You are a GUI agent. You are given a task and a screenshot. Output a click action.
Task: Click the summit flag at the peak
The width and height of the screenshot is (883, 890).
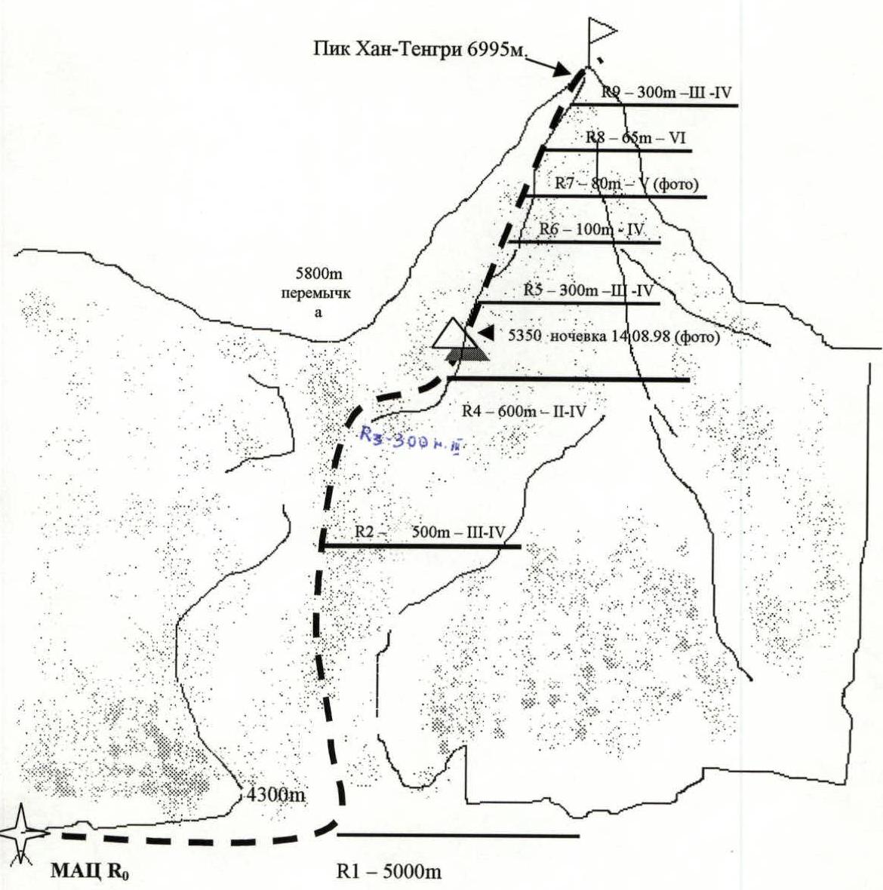601,32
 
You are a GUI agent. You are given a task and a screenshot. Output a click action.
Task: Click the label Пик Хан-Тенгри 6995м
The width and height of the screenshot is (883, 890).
419,50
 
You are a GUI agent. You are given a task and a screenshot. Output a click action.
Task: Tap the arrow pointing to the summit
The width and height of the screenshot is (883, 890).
555,66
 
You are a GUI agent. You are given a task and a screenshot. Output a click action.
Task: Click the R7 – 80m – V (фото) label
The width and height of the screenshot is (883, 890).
626,183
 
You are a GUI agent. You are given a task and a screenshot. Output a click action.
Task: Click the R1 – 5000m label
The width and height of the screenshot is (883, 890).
388,873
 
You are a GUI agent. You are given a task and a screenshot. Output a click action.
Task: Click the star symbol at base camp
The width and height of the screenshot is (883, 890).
23,833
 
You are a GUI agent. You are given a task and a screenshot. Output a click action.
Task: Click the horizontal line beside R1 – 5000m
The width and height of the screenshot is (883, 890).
457,835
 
